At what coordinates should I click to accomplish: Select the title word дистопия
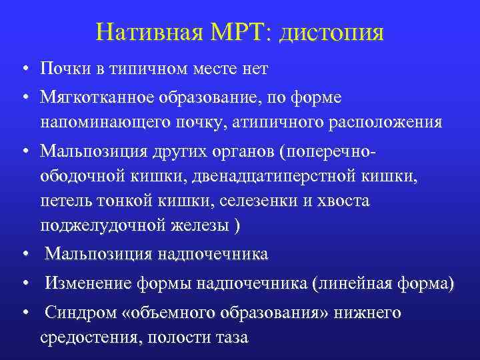(x=332, y=33)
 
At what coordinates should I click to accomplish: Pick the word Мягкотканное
(x=97, y=97)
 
